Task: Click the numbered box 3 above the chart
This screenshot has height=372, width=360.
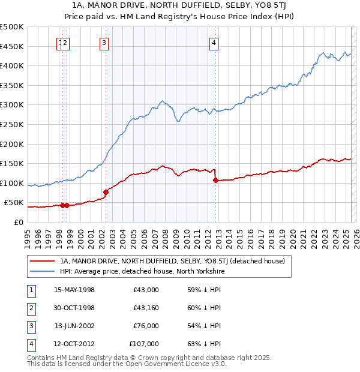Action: coord(104,43)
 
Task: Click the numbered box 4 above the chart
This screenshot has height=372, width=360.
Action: coord(214,43)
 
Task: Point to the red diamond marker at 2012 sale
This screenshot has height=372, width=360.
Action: coord(215,180)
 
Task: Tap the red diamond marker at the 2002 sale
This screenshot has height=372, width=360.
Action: coord(106,192)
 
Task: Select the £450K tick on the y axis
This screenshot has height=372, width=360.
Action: coord(12,46)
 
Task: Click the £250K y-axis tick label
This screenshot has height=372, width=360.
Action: coord(12,124)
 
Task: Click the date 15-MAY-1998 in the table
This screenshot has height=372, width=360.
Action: coord(74,290)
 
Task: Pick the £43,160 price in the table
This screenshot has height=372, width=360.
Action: coord(144,308)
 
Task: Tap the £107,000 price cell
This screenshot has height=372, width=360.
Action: coord(143,344)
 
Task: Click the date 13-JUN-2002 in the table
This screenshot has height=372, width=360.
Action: coord(74,326)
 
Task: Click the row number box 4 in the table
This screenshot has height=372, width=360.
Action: coord(30,344)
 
